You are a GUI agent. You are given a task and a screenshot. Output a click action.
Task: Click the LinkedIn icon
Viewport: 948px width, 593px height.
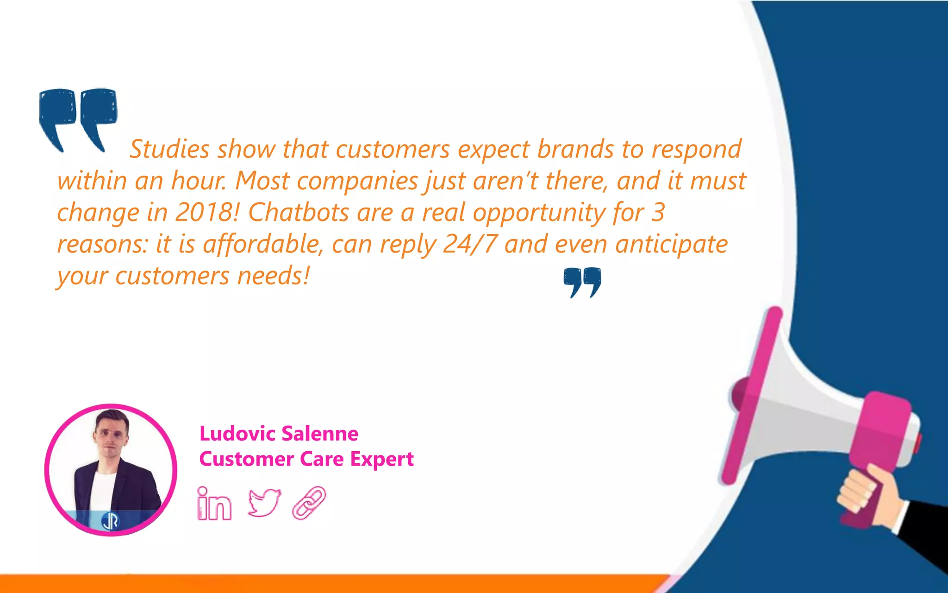tap(214, 504)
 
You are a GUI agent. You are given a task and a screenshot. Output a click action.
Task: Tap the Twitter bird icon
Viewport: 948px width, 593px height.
tap(264, 502)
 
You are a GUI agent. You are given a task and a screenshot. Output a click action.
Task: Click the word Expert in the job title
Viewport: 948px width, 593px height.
tap(381, 459)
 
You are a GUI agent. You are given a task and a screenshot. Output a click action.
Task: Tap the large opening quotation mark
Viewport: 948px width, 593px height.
tap(77, 118)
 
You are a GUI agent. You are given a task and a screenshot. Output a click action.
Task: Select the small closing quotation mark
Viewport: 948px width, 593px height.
tap(582, 282)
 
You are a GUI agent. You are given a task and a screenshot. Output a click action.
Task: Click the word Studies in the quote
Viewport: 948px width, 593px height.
tap(169, 149)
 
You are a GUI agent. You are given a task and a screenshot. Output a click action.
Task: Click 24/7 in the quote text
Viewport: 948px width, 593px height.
tap(470, 244)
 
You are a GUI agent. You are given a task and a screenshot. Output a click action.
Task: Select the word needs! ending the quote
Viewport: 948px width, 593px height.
tap(273, 276)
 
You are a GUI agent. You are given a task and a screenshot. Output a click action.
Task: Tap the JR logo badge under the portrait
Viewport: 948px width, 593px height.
tap(110, 521)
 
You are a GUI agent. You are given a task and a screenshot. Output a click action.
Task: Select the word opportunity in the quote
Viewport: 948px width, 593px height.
tap(539, 213)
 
